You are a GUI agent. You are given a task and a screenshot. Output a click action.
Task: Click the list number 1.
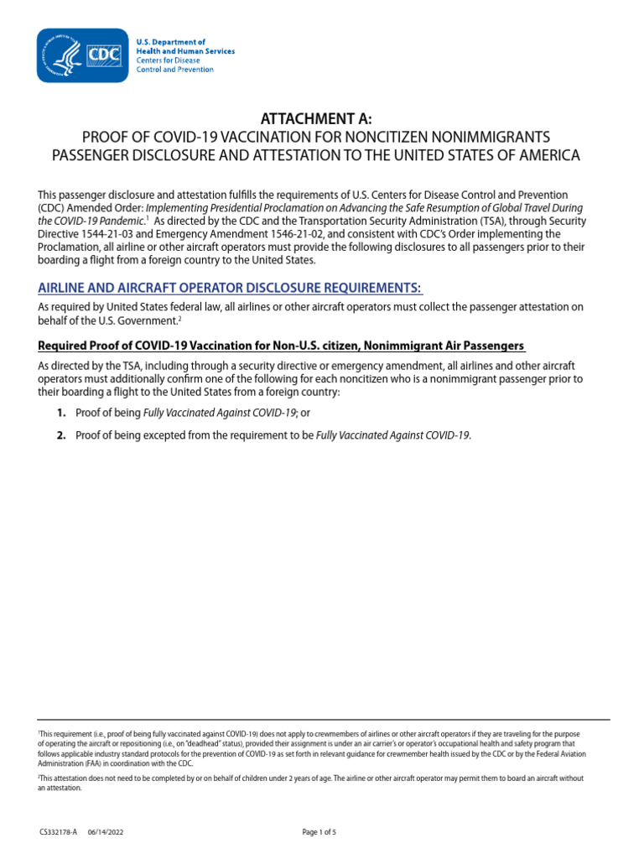click(61, 413)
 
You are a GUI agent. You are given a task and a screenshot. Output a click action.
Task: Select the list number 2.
click(61, 435)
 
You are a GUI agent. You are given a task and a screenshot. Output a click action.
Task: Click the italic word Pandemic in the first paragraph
click(117, 221)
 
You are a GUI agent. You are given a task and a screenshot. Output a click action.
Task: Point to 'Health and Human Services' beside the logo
click(185, 51)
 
